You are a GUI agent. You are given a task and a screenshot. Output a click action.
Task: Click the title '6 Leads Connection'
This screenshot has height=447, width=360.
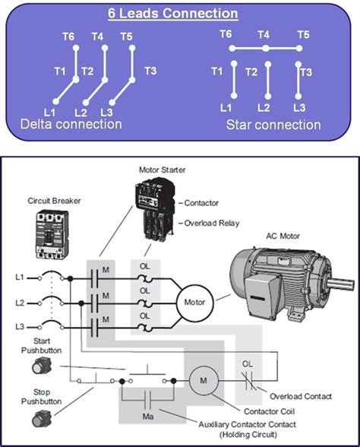pyautogui.click(x=179, y=14)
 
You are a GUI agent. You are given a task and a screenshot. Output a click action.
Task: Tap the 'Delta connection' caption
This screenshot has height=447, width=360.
pyautogui.click(x=71, y=123)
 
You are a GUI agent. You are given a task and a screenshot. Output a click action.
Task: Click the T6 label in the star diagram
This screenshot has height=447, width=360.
pyautogui.click(x=226, y=34)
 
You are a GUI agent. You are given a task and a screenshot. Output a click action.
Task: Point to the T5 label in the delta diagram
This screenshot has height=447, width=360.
pyautogui.click(x=126, y=36)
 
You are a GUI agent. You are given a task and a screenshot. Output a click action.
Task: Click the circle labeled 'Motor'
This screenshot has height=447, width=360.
pyautogui.click(x=190, y=302)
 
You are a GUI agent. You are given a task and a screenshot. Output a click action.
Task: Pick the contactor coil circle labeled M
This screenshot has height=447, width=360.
pyautogui.click(x=203, y=379)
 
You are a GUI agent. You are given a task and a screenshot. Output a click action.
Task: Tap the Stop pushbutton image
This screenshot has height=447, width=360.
pyautogui.click(x=39, y=418)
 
